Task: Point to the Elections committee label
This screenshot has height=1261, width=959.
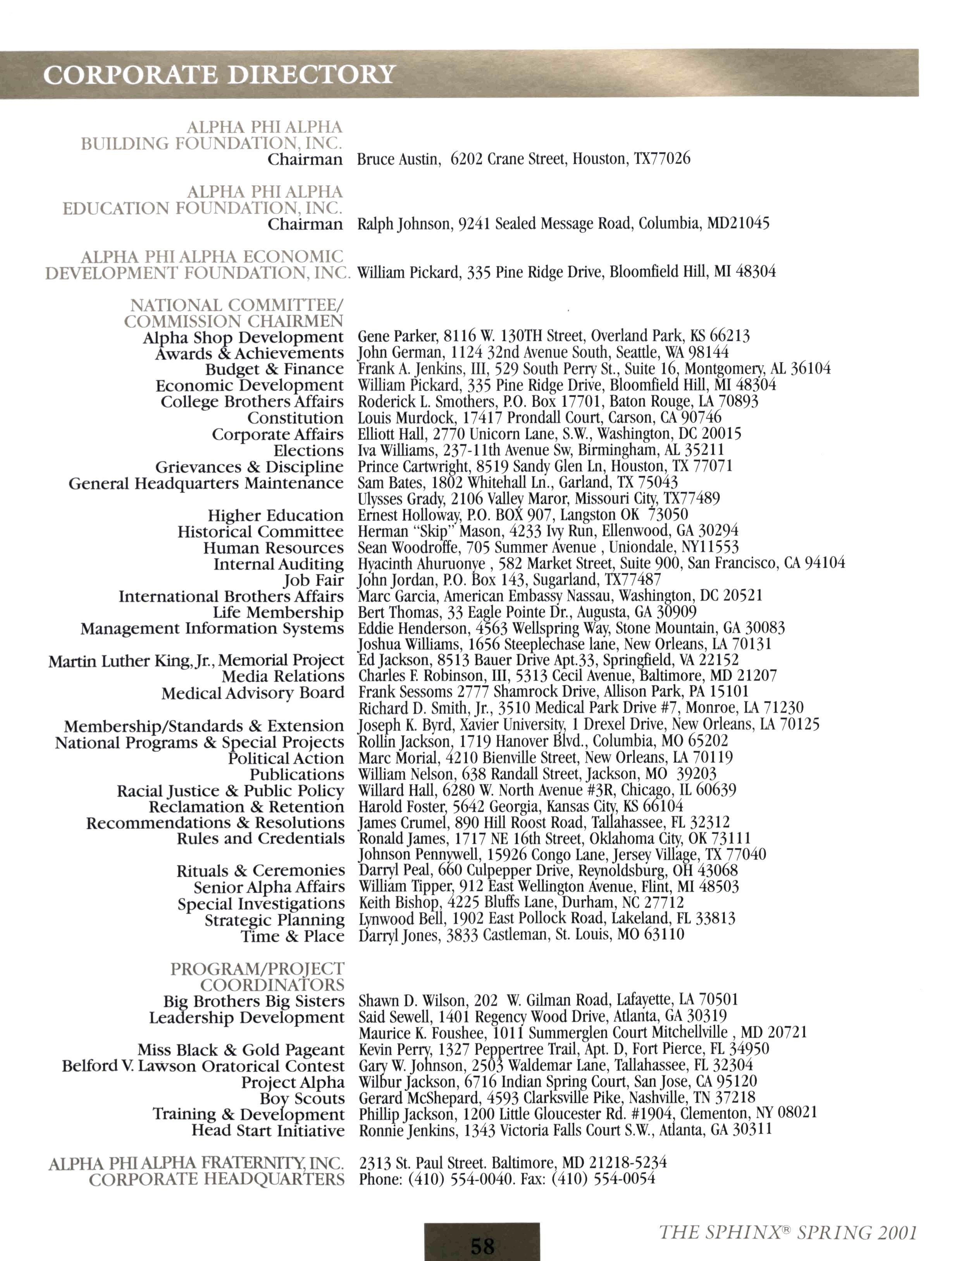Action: pyautogui.click(x=308, y=450)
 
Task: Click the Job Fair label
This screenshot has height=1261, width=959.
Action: pyautogui.click(x=313, y=581)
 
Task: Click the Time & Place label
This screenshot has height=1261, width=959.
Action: pyautogui.click(x=293, y=936)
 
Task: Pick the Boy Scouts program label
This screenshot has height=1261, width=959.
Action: pyautogui.click(x=303, y=1098)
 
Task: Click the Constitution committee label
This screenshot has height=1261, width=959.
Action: pyautogui.click(x=295, y=418)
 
